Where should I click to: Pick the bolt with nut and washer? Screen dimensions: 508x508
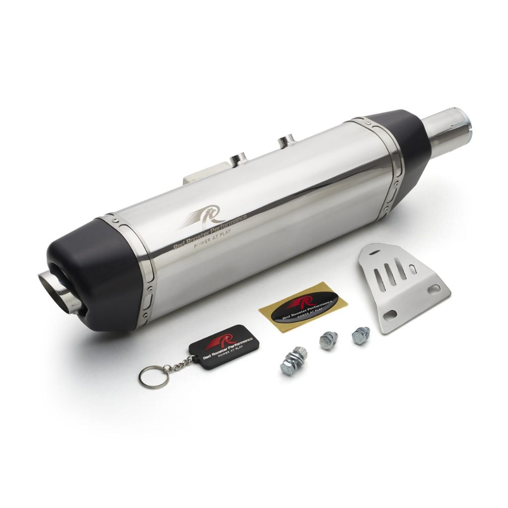pyautogui.click(x=293, y=361)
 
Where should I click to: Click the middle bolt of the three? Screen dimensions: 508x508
pyautogui.click(x=328, y=340)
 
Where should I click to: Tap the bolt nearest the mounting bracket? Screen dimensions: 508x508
pyautogui.click(x=361, y=335)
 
